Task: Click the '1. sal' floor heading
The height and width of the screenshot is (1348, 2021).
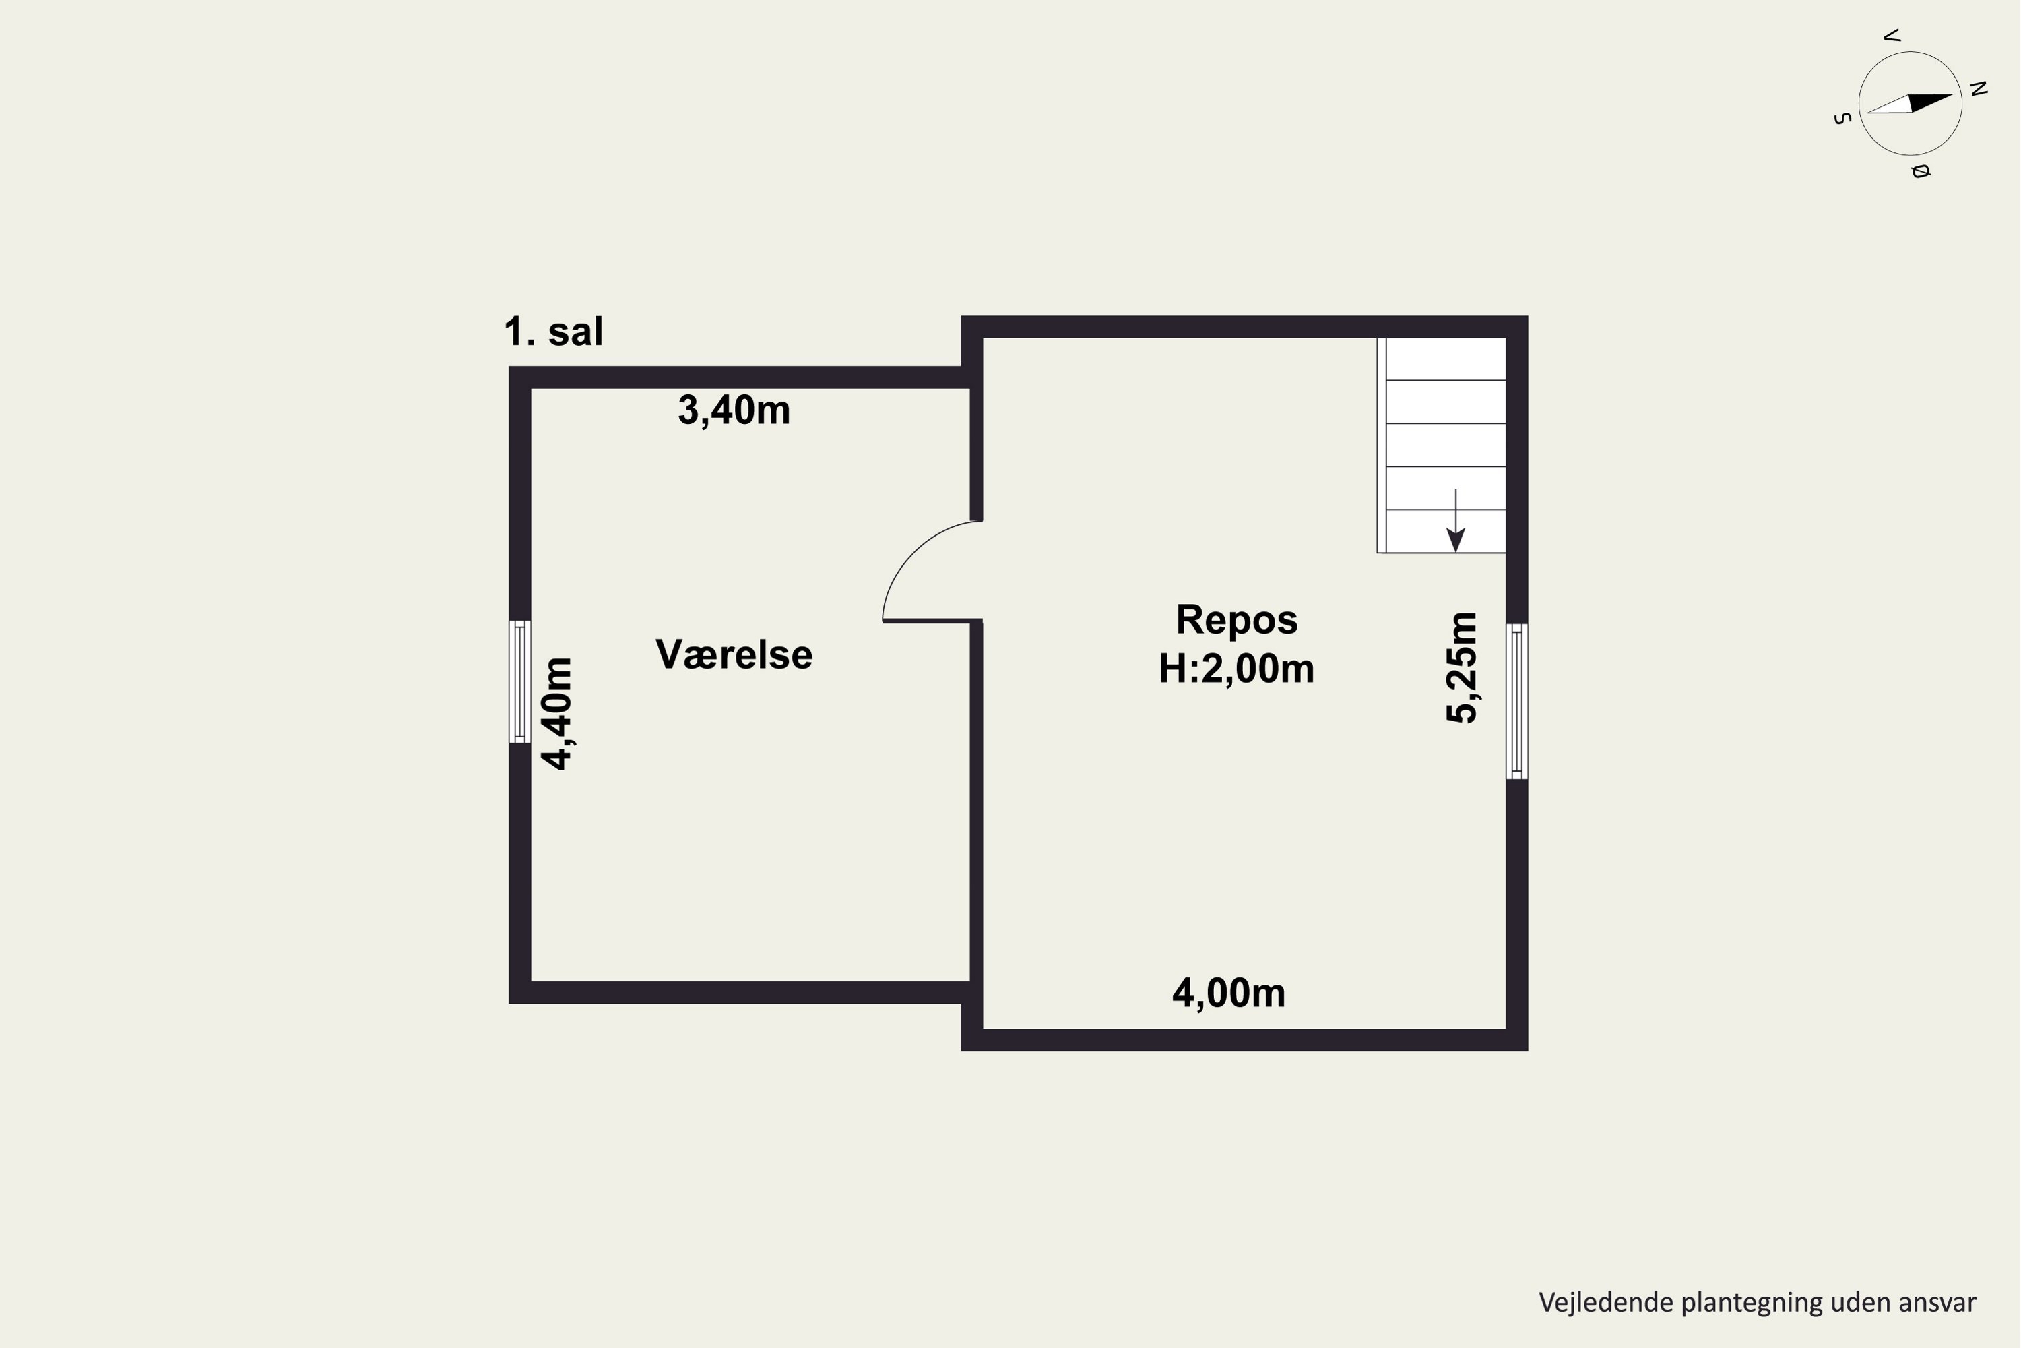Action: [553, 332]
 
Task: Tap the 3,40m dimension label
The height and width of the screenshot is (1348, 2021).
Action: [734, 410]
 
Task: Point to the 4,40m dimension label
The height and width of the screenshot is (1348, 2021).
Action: [557, 714]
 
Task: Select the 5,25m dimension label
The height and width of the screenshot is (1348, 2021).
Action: [1462, 667]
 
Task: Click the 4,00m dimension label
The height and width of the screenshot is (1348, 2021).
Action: [1229, 993]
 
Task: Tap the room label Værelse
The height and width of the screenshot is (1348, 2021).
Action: [734, 654]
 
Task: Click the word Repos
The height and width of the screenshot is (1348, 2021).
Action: [1236, 620]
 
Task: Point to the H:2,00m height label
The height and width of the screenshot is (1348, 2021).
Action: [1236, 669]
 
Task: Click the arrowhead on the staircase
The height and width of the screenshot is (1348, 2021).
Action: [1456, 540]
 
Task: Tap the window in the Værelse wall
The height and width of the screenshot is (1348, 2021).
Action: [520, 681]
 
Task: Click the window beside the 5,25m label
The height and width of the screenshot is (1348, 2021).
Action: [1516, 702]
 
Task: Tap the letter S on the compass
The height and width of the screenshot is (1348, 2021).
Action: [1841, 119]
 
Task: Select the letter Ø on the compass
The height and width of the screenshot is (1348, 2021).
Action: [1921, 171]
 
